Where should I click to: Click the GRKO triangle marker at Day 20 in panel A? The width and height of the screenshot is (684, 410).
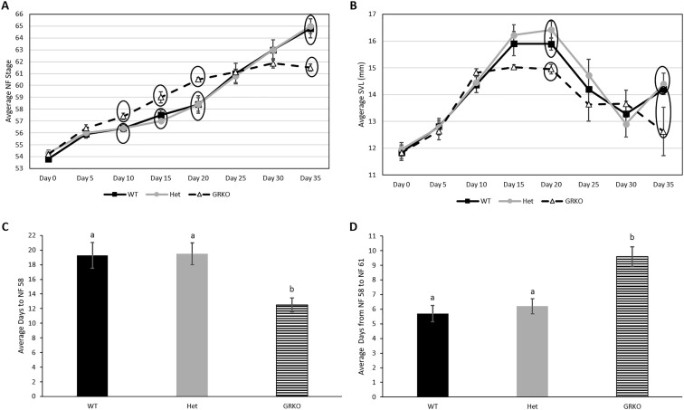(199, 80)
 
